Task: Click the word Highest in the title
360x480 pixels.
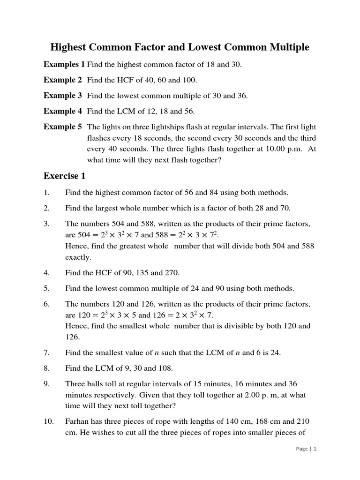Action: click(x=69, y=47)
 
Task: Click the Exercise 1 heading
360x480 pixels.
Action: click(x=65, y=176)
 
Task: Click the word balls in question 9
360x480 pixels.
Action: click(x=96, y=384)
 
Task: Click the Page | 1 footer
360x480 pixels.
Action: click(x=307, y=449)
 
